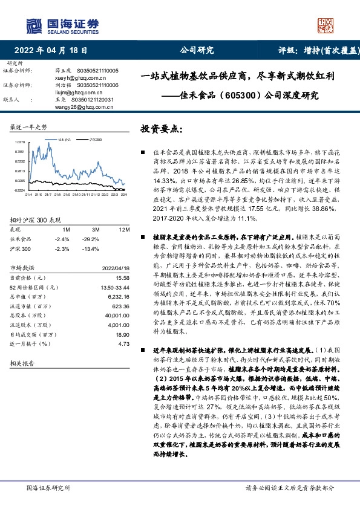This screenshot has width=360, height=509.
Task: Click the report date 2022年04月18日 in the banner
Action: (54, 51)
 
